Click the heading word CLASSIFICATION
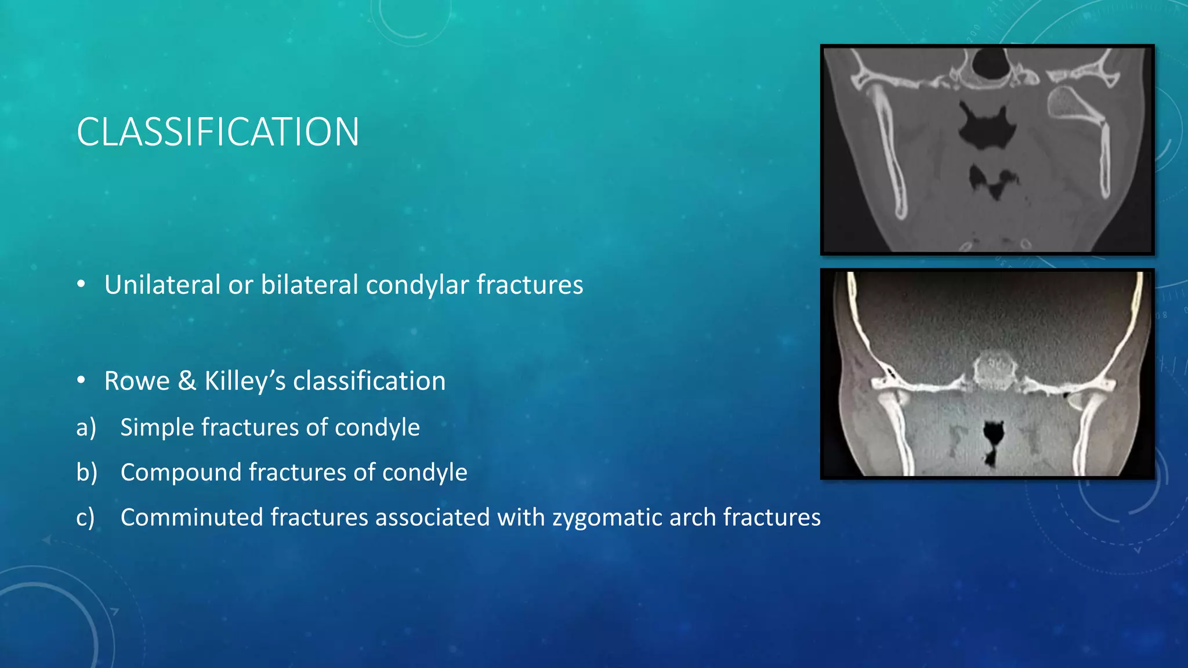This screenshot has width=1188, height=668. [x=218, y=132]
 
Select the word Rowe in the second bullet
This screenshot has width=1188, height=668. [x=137, y=381]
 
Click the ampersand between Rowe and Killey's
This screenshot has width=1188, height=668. [x=187, y=381]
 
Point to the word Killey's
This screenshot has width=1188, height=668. [x=245, y=381]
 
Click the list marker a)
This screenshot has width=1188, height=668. [x=86, y=427]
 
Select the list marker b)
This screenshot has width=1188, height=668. [x=86, y=472]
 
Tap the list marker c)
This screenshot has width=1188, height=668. [x=85, y=517]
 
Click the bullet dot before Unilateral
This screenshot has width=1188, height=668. [x=81, y=284]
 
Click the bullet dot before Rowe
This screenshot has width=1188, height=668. [x=81, y=380]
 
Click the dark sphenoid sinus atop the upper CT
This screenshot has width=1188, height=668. [x=990, y=64]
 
